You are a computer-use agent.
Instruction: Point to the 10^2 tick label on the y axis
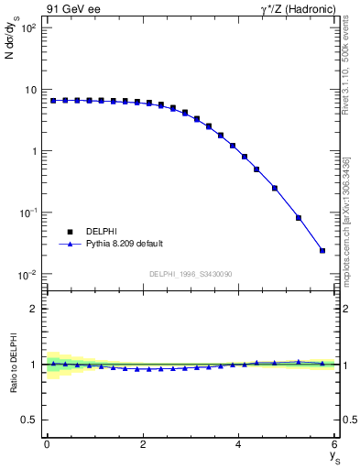point(27,28)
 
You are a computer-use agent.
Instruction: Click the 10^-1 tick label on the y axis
point(27,213)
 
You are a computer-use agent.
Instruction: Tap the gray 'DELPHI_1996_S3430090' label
point(190,274)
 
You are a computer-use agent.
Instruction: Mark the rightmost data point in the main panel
point(322,250)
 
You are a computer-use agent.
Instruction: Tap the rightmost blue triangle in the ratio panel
point(322,364)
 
